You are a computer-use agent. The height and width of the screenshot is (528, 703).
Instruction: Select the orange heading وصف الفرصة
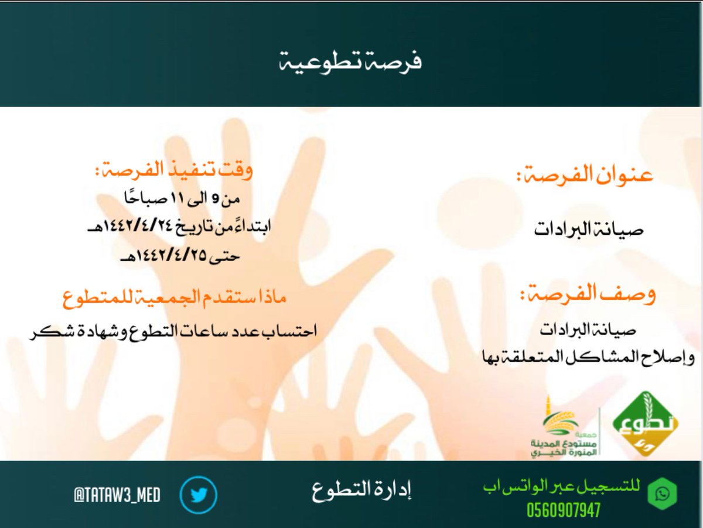[x=588, y=293]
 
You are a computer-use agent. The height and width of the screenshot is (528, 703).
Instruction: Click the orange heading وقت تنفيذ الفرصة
[x=174, y=171]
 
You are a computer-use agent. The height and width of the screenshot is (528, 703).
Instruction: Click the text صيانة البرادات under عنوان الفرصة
[x=589, y=229]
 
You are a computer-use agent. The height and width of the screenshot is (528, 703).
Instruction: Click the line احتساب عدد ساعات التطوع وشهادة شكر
[x=173, y=331]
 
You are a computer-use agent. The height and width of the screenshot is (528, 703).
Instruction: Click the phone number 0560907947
[x=564, y=510]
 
